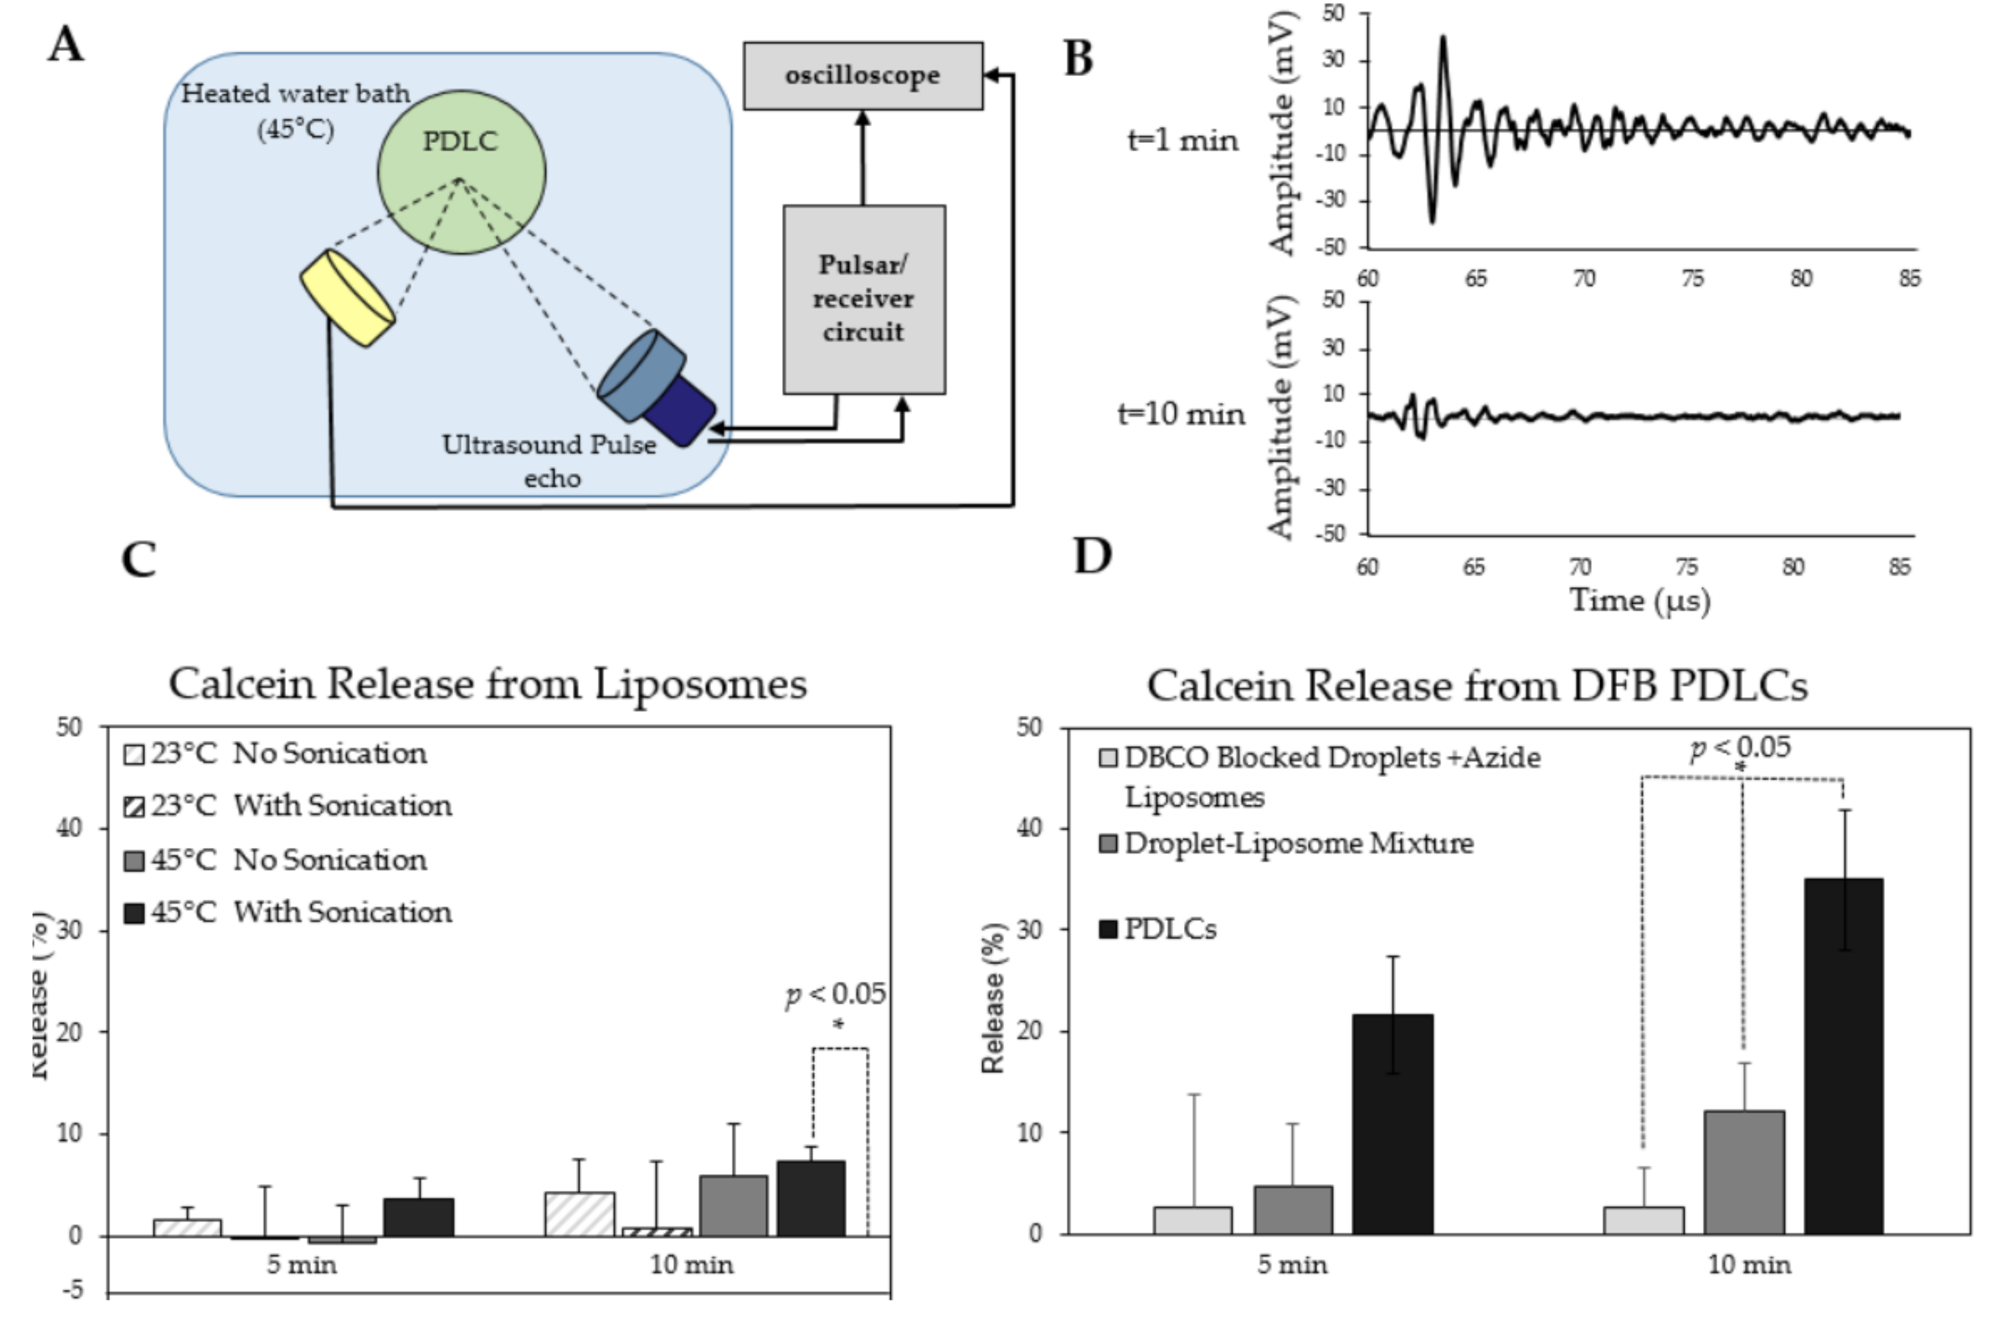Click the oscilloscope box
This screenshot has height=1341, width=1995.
[x=863, y=75]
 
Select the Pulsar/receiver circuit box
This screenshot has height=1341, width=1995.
[x=864, y=299]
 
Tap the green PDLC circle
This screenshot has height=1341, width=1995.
[x=461, y=171]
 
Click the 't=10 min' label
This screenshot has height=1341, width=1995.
[x=1181, y=415]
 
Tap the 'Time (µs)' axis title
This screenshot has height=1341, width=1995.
[x=1639, y=601]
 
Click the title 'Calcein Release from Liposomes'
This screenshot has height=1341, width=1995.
[x=488, y=684]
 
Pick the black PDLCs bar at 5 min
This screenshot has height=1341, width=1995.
[x=1393, y=1124]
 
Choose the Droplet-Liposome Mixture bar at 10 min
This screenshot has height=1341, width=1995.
[x=1744, y=1172]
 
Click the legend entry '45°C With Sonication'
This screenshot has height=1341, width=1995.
[x=289, y=912]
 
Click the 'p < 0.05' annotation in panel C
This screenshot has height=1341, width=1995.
[x=835, y=995]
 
